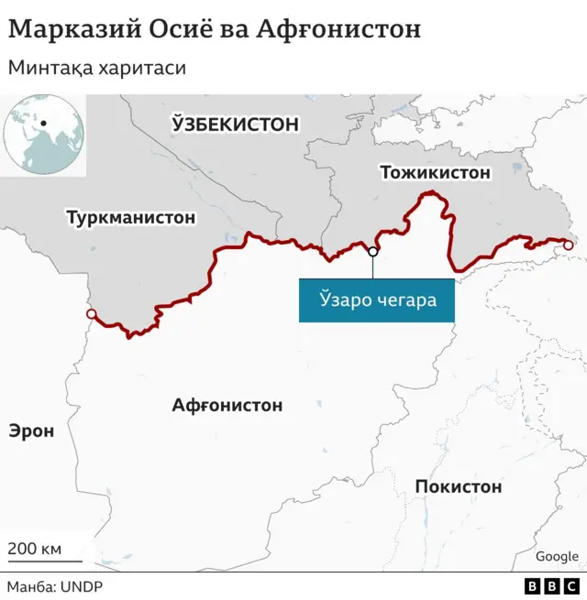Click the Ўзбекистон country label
236,124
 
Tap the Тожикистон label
435,172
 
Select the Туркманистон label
130,218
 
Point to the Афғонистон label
227,405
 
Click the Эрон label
31,431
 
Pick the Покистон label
459,486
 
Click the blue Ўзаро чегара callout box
376,300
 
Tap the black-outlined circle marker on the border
372,252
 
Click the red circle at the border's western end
90,315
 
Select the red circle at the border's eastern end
568,245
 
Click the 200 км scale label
35,549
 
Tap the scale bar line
45,562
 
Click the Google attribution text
557,556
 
